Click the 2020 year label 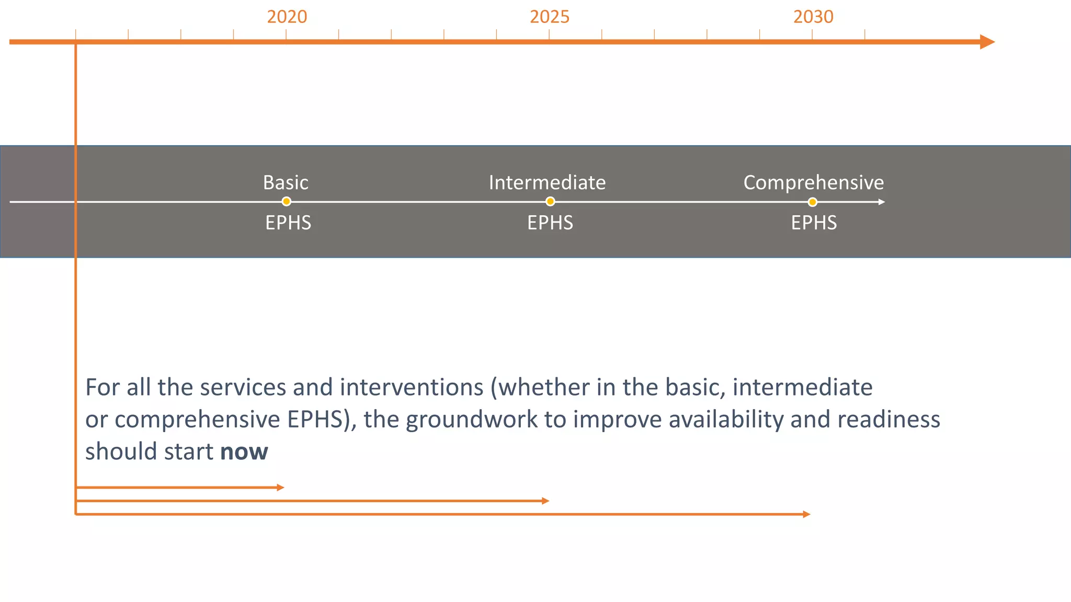(x=287, y=17)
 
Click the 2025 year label (x=549, y=17)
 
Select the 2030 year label (x=813, y=17)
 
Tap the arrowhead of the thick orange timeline (x=986, y=42)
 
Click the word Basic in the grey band (x=286, y=182)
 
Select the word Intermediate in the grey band (x=547, y=182)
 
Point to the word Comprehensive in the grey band (x=813, y=182)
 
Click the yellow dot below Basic (x=286, y=202)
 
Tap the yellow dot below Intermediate (x=550, y=202)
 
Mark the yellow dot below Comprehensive (x=812, y=202)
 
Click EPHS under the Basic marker (x=288, y=223)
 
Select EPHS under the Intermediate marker (x=550, y=223)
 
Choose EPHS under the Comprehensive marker (x=813, y=223)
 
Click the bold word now (x=244, y=451)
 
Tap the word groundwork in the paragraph (x=471, y=420)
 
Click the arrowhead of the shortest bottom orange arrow (x=281, y=488)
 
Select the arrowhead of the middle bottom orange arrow (x=546, y=501)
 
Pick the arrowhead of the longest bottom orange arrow (x=807, y=514)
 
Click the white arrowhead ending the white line (x=882, y=202)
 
